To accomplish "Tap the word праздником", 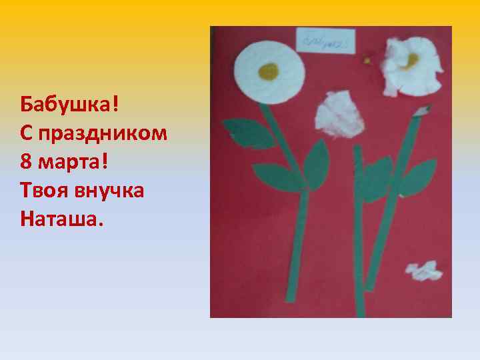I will pos(103,134).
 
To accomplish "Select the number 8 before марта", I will pos(27,161).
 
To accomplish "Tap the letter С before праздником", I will pos(27,133).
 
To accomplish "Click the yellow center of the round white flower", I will pos(268,69).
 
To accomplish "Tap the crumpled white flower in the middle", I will pos(340,115).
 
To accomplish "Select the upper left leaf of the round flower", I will pos(245,132).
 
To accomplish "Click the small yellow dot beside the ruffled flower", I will pos(366,60).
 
